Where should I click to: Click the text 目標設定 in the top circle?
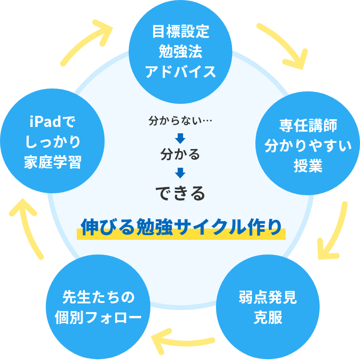pyautogui.click(x=180, y=32)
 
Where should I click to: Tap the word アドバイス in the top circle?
pyautogui.click(x=180, y=72)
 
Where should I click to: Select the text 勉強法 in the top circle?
pyautogui.click(x=180, y=52)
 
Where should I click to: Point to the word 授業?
pyautogui.click(x=308, y=166)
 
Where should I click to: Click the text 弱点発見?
pyautogui.click(x=268, y=298)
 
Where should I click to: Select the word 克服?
pyautogui.click(x=268, y=318)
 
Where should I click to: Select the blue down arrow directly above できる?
pyautogui.click(x=180, y=172)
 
